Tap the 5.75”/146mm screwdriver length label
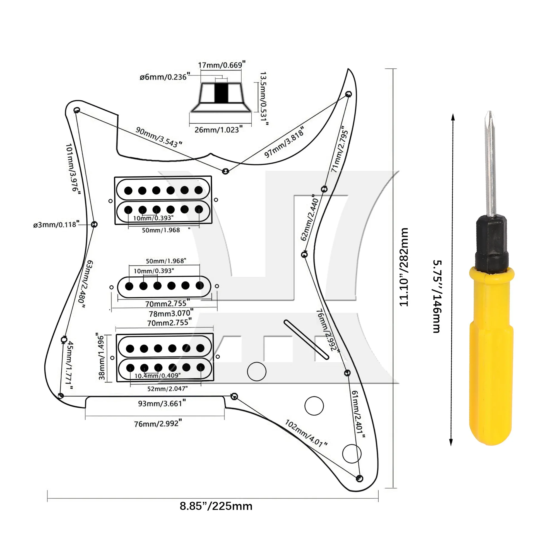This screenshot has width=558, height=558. [437, 296]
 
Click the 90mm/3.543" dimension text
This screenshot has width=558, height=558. [159, 137]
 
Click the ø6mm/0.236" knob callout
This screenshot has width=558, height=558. [165, 77]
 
